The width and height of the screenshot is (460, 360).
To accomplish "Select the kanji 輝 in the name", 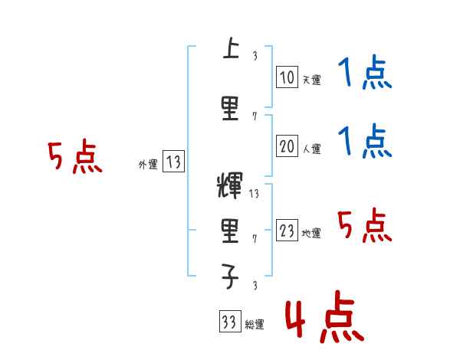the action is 230,188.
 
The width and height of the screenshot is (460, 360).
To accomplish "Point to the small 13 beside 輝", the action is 255,194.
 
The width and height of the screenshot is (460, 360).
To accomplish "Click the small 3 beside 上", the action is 255,55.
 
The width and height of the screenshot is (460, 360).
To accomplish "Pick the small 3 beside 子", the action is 255,286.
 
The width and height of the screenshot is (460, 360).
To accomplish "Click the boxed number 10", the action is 287,77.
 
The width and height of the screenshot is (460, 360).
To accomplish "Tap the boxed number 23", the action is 287,231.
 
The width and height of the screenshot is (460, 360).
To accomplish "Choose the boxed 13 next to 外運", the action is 174,162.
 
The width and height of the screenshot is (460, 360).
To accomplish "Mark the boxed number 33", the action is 228,322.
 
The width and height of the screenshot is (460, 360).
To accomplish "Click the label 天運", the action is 311,80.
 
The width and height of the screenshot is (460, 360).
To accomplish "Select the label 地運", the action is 311,234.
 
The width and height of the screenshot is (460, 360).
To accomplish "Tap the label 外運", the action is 147,164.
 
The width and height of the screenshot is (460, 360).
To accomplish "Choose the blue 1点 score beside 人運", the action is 365,142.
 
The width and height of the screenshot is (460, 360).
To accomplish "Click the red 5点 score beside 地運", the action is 365,226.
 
